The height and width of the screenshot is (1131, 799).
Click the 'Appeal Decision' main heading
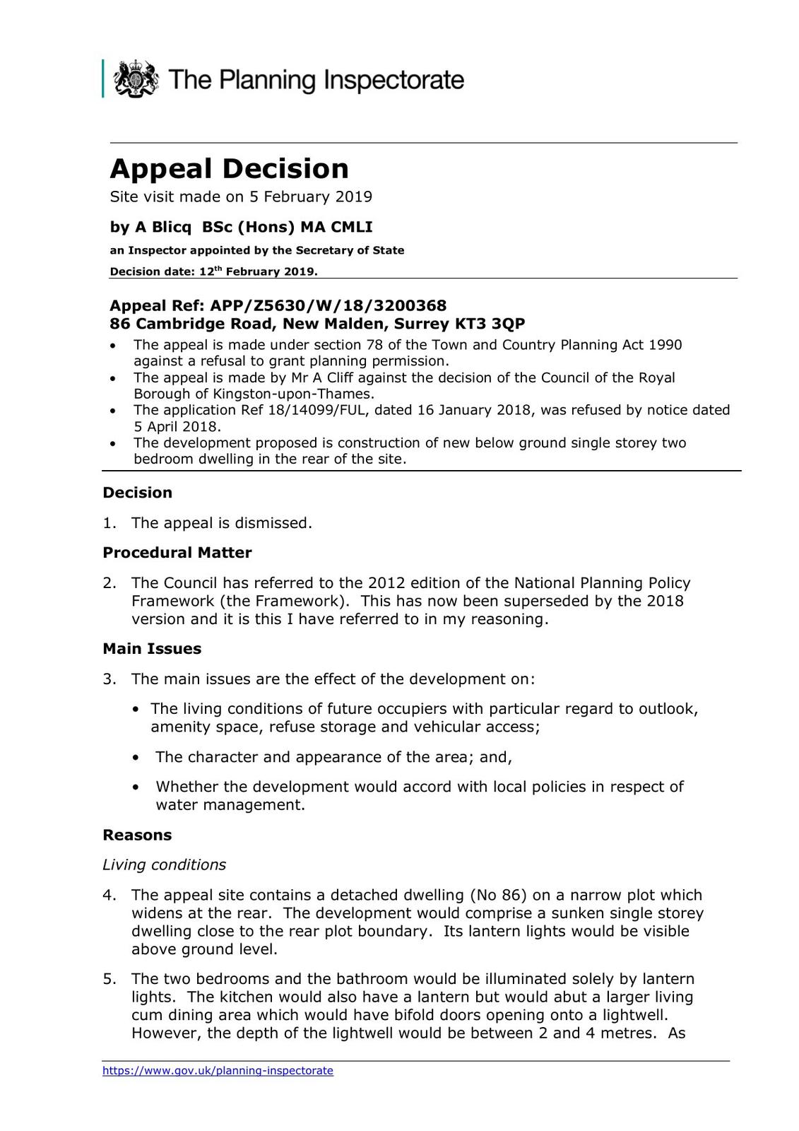click(x=229, y=169)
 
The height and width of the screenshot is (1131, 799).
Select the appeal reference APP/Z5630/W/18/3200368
click(x=329, y=305)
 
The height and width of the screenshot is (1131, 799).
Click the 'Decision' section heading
click(x=137, y=493)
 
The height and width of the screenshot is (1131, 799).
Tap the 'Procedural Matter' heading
click(x=177, y=552)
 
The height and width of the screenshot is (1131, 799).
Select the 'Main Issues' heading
click(x=152, y=649)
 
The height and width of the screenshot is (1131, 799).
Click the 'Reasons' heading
click(x=137, y=835)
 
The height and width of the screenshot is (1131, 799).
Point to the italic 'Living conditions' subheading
click(x=164, y=865)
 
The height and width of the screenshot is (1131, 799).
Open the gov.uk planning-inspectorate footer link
click(x=218, y=1071)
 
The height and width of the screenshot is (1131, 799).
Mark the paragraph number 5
click(x=109, y=979)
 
